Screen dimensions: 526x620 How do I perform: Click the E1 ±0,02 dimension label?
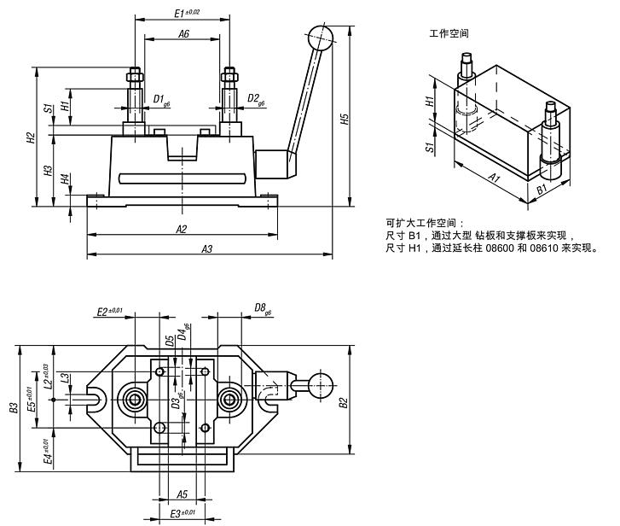[x=186, y=13]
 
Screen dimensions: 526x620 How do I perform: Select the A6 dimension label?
[x=183, y=33]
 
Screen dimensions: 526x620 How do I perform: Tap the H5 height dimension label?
[x=345, y=120]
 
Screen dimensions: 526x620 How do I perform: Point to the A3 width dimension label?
[x=206, y=248]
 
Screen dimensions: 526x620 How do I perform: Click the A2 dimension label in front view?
[x=182, y=229]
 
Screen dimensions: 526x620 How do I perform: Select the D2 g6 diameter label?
[x=256, y=100]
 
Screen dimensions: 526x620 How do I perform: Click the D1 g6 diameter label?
[x=161, y=100]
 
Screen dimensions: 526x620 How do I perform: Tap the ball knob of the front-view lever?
[x=319, y=38]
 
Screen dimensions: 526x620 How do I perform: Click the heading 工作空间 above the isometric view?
[x=449, y=34]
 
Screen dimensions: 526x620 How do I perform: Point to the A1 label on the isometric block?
[x=494, y=177]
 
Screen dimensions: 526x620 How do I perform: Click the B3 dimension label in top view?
[x=13, y=408]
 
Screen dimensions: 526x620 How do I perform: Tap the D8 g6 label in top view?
[x=264, y=308]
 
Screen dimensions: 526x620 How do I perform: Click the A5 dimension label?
[x=182, y=494]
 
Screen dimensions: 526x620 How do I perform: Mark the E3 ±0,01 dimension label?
[x=182, y=512]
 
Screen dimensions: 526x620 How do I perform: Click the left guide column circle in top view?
[x=134, y=400]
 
